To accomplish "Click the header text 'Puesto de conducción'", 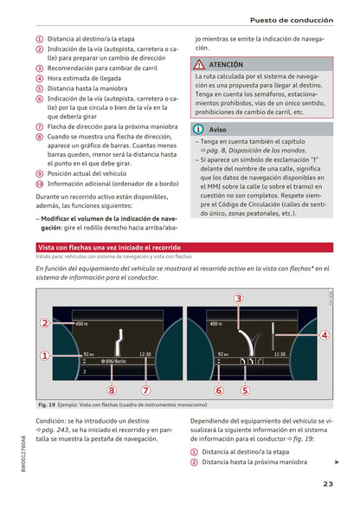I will [x=291, y=19].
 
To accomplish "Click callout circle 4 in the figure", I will [x=324, y=335].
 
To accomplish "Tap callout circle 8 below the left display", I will [x=111, y=391].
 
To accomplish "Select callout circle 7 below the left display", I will [x=145, y=391].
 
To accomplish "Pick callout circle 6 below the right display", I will [x=218, y=391].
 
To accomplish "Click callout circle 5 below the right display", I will [x=245, y=391].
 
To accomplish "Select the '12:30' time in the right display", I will [x=279, y=353].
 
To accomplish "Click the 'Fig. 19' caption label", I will [x=47, y=405].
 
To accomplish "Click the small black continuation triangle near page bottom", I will [x=337, y=462].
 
